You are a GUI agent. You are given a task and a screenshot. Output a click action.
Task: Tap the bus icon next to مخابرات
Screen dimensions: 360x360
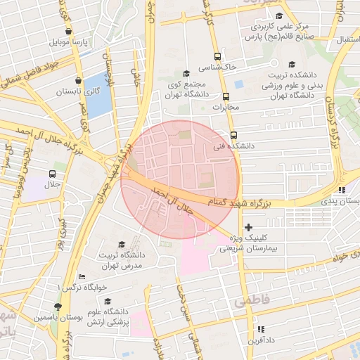(x=226, y=97)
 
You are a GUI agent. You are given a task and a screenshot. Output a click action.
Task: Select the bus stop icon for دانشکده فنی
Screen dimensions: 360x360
(x=233, y=135)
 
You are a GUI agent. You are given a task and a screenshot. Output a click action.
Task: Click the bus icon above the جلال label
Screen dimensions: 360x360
(x=53, y=174)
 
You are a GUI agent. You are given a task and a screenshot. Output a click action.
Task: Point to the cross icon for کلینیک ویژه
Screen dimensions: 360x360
(x=248, y=227)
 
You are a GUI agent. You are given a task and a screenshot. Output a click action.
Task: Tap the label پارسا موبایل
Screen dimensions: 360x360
(x=68, y=43)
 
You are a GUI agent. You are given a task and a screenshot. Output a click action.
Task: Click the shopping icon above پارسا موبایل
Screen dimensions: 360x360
(x=68, y=31)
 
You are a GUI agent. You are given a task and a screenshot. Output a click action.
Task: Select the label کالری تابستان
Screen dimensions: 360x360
(x=78, y=92)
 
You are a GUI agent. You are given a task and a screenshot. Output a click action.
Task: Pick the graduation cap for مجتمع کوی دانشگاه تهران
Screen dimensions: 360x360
(x=186, y=73)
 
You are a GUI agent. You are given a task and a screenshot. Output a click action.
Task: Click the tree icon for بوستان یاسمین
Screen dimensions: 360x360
(x=58, y=307)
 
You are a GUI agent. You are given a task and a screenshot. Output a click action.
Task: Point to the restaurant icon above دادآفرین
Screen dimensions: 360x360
(x=261, y=329)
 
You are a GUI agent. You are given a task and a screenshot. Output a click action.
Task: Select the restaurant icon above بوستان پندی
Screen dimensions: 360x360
(x=341, y=190)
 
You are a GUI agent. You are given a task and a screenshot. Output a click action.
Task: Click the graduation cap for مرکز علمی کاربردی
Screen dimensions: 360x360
(x=278, y=15)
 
